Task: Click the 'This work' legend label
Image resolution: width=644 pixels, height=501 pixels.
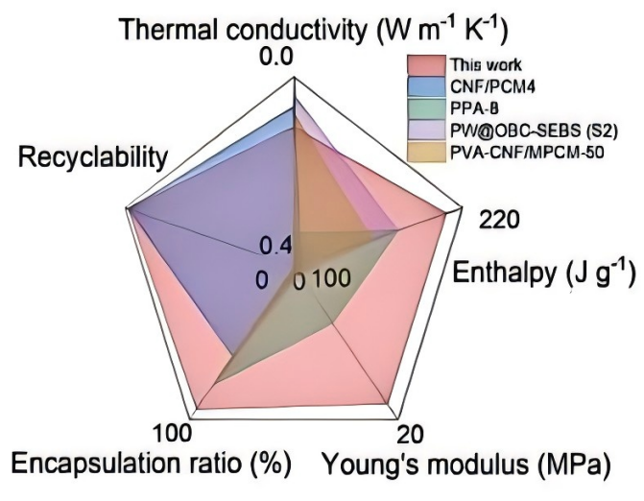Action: [486, 65]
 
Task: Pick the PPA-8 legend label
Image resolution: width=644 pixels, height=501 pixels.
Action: [472, 107]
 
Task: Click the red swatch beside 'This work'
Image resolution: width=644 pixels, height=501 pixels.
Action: [423, 65]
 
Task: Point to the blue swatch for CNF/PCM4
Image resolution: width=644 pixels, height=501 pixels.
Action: [423, 87]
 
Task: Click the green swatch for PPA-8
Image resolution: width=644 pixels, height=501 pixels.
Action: [423, 107]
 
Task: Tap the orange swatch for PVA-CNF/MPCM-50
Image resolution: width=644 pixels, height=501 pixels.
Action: [423, 151]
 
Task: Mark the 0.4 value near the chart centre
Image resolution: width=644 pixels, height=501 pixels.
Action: [274, 246]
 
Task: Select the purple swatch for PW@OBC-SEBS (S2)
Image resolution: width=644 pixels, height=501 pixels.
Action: [423, 130]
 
